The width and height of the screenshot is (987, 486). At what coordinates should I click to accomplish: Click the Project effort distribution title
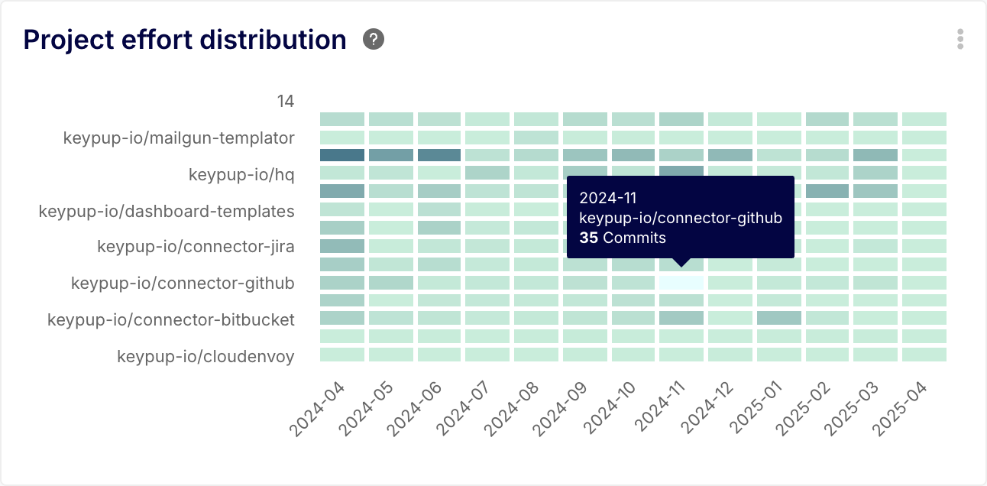point(185,40)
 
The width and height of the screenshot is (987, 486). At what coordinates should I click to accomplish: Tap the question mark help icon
point(374,39)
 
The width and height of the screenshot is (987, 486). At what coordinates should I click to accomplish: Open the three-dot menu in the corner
point(960,40)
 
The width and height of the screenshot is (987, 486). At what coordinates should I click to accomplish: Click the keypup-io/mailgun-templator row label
point(179,138)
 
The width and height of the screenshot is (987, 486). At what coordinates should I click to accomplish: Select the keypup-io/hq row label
point(241,175)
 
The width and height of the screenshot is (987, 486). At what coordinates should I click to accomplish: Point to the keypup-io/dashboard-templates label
point(167,211)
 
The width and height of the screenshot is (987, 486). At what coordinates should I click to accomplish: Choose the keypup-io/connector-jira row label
point(196,247)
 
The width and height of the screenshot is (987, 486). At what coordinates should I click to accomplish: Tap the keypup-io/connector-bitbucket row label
point(171,319)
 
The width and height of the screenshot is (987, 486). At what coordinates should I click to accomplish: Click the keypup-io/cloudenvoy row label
point(205,356)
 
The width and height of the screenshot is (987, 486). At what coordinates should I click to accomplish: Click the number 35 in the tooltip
point(588,238)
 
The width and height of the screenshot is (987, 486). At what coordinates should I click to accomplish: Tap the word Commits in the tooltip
point(634,238)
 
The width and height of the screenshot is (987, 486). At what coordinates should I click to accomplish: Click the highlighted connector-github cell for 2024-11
point(681,283)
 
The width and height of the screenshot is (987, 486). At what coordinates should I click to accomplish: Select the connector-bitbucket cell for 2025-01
point(779,318)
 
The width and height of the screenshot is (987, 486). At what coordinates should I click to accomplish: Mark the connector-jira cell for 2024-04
point(342,246)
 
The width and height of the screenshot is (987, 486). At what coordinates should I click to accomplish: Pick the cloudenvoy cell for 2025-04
point(924,355)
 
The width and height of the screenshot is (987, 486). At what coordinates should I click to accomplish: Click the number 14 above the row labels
point(286,102)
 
